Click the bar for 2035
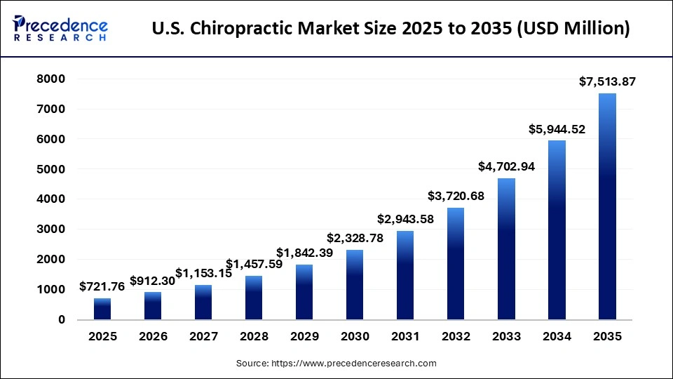tap(607, 206)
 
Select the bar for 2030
tap(355, 284)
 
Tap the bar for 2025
tap(102, 309)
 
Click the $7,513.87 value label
tap(607, 82)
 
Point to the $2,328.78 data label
tap(355, 238)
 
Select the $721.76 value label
tap(102, 286)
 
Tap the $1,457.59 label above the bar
tap(254, 264)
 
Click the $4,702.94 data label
tap(506, 167)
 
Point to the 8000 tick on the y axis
tap(51, 79)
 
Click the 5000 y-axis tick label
tap(51, 169)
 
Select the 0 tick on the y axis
tap(62, 319)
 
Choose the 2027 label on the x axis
tap(203, 337)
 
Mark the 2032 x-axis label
tap(456, 337)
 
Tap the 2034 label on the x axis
tap(557, 337)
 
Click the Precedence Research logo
tap(60, 28)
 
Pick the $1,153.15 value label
tap(203, 273)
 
